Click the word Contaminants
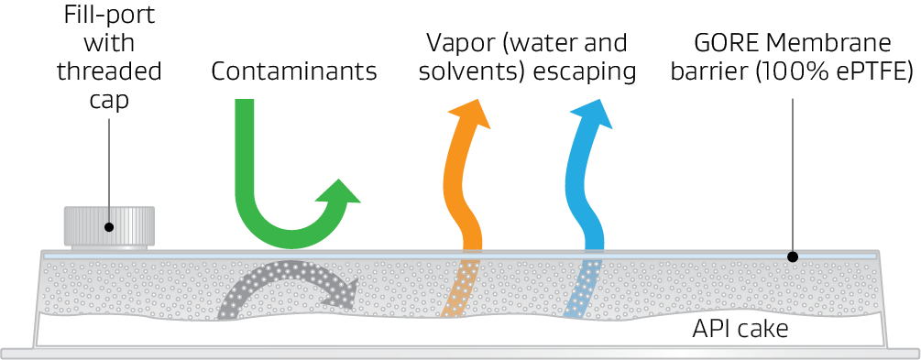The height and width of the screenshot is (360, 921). tap(294, 72)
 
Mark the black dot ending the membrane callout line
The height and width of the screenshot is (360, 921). tap(793, 258)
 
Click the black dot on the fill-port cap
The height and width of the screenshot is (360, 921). tap(110, 227)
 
